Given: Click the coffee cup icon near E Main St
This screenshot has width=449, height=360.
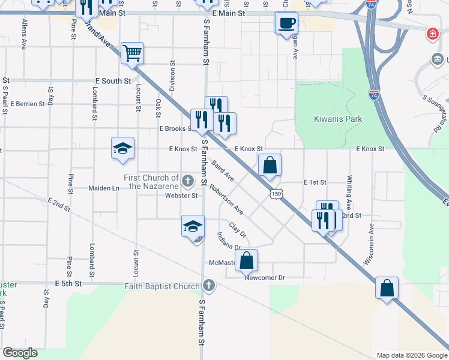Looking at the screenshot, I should [x=286, y=23].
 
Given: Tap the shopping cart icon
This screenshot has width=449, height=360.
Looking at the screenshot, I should [x=132, y=52].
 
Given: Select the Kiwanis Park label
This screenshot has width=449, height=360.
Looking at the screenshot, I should [x=339, y=119].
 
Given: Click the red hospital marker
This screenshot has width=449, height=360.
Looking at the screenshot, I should [x=432, y=34].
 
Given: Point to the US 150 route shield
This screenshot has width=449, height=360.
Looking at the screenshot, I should [x=276, y=193].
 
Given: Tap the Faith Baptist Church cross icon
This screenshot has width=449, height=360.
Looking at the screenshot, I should [x=208, y=285].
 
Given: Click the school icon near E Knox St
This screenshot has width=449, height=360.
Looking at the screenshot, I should [x=122, y=148].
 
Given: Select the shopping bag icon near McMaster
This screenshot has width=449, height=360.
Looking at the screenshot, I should [x=246, y=260].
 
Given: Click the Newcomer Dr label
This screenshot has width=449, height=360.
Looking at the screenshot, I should [x=264, y=278].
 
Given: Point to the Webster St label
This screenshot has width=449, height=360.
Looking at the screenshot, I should [x=181, y=196].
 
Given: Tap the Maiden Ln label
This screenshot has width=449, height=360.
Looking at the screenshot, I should [x=104, y=188].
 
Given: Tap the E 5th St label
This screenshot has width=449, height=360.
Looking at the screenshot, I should [x=68, y=283].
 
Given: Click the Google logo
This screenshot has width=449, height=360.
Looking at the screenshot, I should [x=20, y=353].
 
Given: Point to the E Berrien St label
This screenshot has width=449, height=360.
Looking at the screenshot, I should [x=28, y=104].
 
